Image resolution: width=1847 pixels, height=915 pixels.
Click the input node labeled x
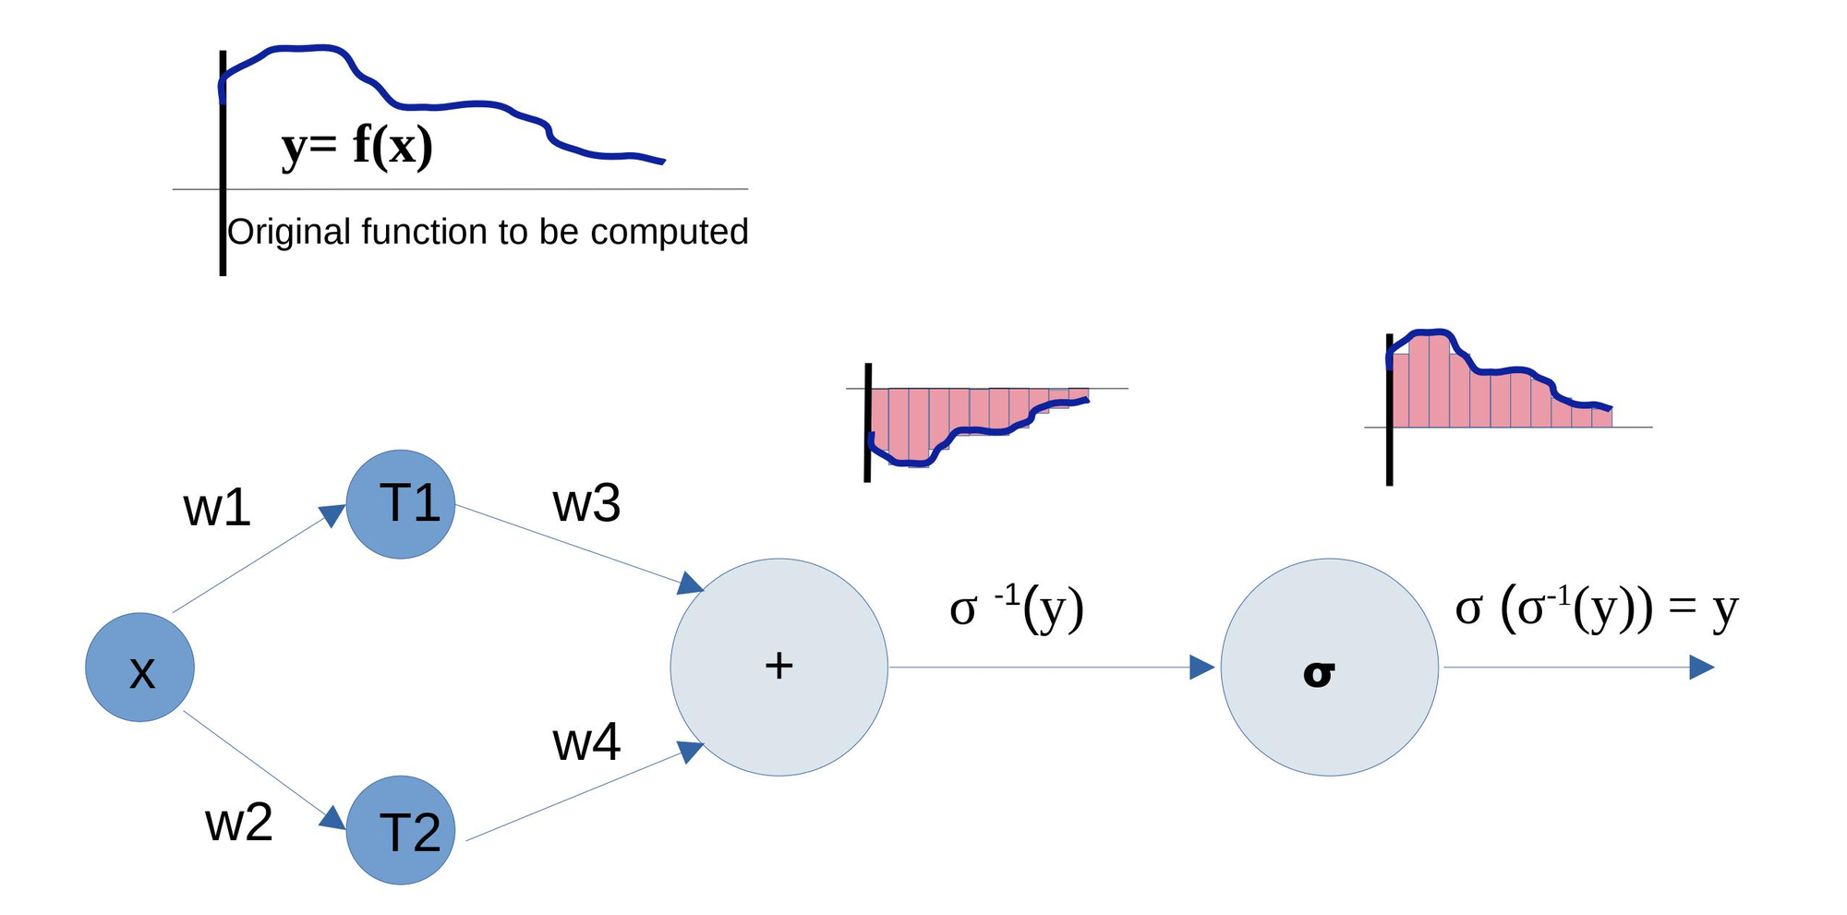(140, 668)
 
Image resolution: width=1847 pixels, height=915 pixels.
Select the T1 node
(401, 504)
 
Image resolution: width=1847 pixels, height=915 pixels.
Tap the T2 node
(401, 830)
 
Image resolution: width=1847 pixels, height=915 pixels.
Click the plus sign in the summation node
(779, 666)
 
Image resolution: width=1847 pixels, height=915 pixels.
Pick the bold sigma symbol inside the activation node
(1319, 673)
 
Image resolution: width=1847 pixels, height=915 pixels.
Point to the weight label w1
(217, 508)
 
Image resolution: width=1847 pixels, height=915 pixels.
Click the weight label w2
(238, 822)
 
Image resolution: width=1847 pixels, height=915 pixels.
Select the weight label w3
(586, 503)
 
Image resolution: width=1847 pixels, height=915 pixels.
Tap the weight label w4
(586, 741)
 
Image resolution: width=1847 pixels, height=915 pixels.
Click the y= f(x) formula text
(356, 146)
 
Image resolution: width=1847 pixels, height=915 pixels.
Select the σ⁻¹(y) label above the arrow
(1016, 608)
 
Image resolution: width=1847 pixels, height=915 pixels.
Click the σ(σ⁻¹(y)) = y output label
(1596, 608)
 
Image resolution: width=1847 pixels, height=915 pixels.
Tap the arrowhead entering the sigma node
(1201, 667)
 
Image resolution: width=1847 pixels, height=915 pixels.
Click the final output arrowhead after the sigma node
(1701, 667)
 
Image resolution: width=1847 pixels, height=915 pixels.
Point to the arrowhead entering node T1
(332, 514)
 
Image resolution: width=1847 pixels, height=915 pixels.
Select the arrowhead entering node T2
(332, 818)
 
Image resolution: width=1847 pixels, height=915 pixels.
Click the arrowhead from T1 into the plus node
(690, 584)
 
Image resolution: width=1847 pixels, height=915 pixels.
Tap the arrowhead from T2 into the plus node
(690, 751)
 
